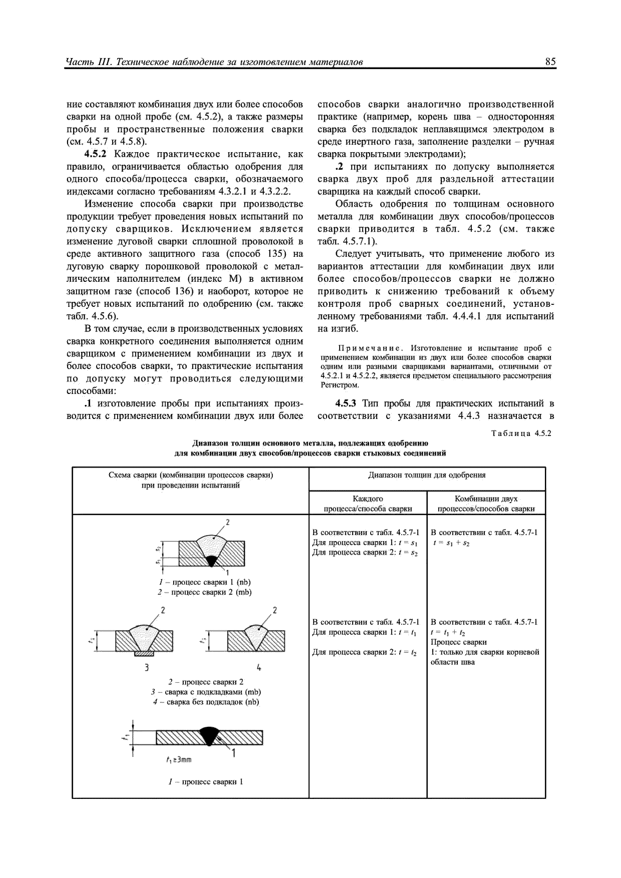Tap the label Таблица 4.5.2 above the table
522,434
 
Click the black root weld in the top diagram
211,561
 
